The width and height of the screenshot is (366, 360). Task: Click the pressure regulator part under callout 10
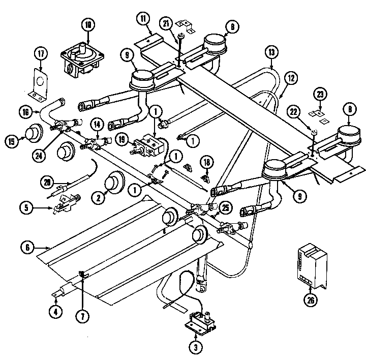coord(81,60)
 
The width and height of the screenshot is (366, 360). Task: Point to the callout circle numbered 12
coord(291,78)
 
